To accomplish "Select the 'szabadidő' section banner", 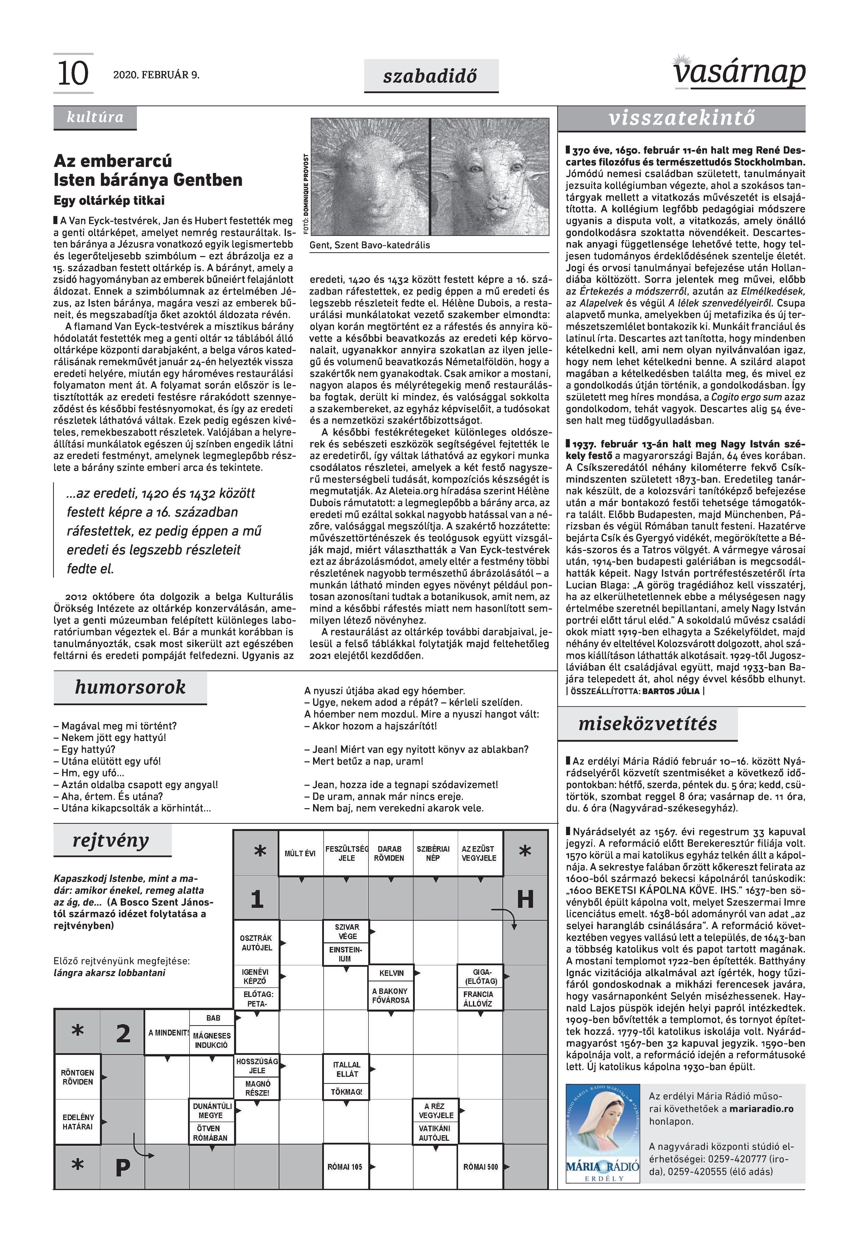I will [431, 76].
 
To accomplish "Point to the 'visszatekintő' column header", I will [681, 118].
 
